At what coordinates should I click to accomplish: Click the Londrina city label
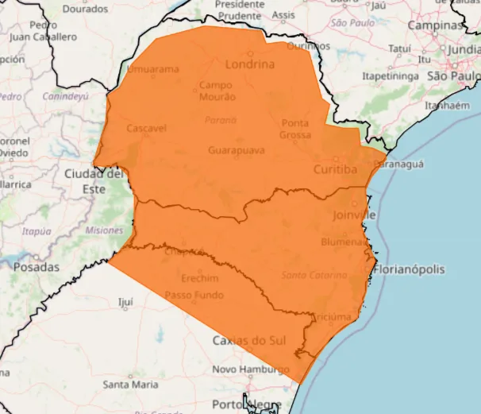click(x=250, y=64)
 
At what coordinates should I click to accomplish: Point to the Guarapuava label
click(x=235, y=149)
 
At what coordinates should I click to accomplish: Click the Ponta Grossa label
click(x=294, y=129)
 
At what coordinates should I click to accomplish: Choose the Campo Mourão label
click(x=217, y=91)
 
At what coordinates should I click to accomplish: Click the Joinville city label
click(x=352, y=215)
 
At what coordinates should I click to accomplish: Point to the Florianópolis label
click(x=410, y=269)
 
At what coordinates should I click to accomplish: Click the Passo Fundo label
click(x=194, y=296)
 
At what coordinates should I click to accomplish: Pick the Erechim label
click(x=200, y=279)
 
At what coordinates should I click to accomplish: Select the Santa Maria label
click(x=130, y=385)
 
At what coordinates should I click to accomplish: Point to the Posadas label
click(x=36, y=268)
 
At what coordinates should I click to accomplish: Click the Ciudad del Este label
click(x=94, y=181)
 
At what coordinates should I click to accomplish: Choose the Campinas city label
click(x=434, y=25)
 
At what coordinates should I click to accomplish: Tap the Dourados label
click(x=85, y=10)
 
